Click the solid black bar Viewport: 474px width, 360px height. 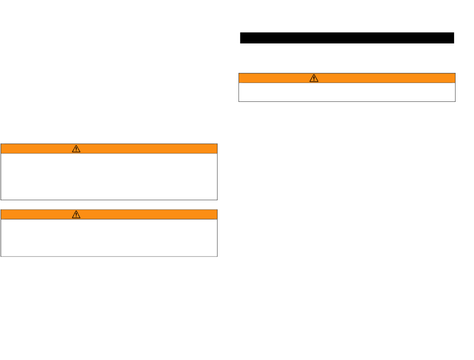point(347,38)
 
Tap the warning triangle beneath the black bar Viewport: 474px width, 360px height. point(314,78)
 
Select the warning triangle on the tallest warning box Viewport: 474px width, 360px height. point(76,148)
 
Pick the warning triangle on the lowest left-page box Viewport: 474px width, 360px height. point(76,214)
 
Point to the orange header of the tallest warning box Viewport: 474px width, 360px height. point(150,148)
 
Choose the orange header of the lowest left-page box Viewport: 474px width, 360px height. point(150,214)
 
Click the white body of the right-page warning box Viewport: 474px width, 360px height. point(347,92)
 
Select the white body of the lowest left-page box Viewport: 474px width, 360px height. point(109,238)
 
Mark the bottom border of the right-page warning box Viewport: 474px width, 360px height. point(347,101)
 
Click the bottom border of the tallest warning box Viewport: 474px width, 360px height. point(109,200)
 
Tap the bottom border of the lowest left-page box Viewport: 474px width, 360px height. point(109,256)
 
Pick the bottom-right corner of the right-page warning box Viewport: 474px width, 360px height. point(455,101)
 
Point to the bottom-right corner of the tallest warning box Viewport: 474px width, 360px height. point(217,200)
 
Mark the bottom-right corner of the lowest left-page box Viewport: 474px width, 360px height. point(217,256)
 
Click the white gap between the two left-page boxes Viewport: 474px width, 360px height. point(109,205)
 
